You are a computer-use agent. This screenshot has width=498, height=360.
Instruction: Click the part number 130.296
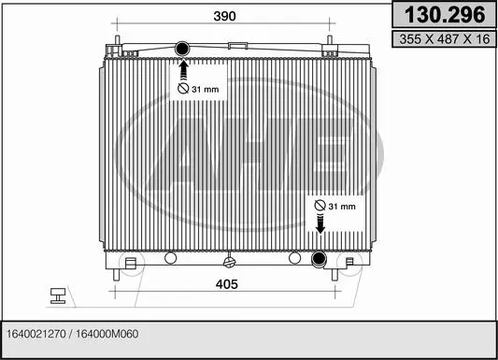445,15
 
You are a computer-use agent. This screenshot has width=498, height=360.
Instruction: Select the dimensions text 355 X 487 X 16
445,39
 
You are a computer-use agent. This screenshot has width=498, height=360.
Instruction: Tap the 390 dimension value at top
224,16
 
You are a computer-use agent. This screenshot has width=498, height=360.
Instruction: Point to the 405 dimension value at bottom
227,284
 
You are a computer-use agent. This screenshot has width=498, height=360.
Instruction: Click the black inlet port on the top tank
182,49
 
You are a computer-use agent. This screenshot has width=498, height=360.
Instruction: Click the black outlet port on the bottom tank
319,259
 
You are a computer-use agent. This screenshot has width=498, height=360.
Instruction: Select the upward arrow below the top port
182,69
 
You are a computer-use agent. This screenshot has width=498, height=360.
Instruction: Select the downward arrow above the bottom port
320,223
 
